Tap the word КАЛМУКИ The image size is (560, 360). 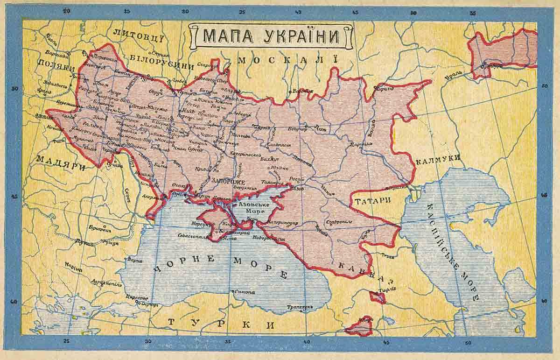click(438, 159)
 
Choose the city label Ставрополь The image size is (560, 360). click(339, 220)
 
